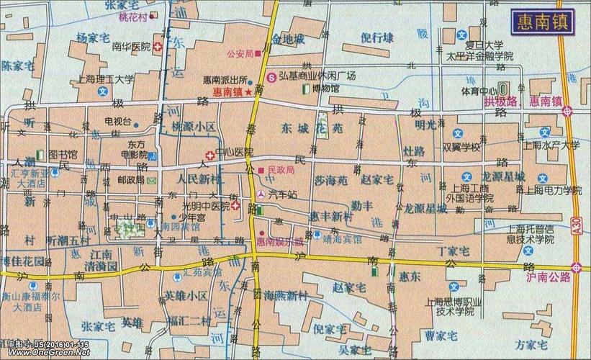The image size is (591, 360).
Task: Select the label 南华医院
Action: tap(132, 46)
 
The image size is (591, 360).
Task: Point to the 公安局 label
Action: tap(238, 53)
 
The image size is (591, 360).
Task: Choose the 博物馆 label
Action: tap(323, 88)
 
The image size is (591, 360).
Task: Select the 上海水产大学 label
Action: tap(551, 145)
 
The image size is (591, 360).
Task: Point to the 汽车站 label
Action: tap(281, 194)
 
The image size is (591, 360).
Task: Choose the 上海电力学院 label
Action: tap(553, 190)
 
